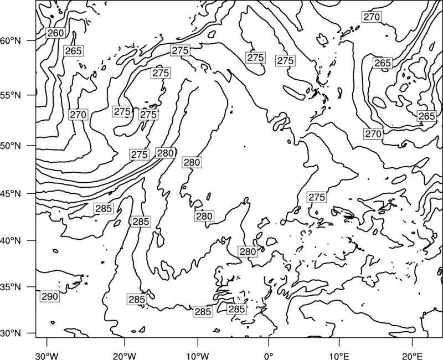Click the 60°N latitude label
click(x=11, y=40)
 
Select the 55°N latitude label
click(x=11, y=95)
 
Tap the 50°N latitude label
click(x=11, y=146)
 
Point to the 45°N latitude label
click(x=11, y=193)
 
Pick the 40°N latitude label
click(x=11, y=240)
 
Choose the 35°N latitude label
click(x=11, y=287)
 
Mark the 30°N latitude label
click(x=11, y=333)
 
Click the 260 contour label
click(x=56, y=33)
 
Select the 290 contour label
click(x=50, y=296)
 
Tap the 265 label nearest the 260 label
click(x=73, y=51)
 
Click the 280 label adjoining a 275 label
click(x=165, y=153)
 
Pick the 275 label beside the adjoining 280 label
click(x=140, y=155)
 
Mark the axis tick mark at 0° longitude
click(x=269, y=341)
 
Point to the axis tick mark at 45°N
click(x=32, y=193)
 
